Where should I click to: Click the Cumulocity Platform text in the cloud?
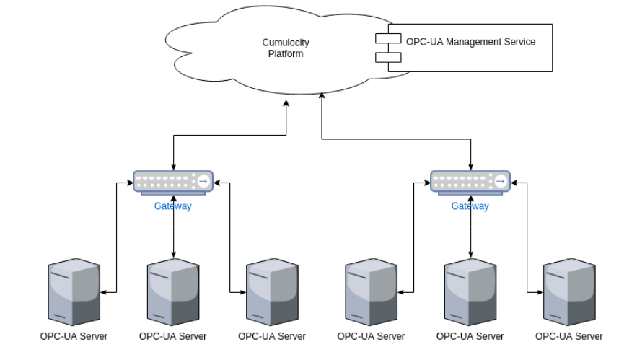pyautogui.click(x=285, y=48)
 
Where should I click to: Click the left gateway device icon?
pyautogui.click(x=173, y=182)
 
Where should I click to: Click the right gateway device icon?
pyautogui.click(x=470, y=182)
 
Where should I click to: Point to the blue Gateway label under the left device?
pyautogui.click(x=173, y=206)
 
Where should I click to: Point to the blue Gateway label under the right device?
pyautogui.click(x=470, y=206)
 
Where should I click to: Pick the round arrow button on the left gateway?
pyautogui.click(x=203, y=180)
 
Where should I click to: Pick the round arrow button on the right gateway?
pyautogui.click(x=501, y=180)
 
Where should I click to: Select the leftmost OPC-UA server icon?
pyautogui.click(x=74, y=293)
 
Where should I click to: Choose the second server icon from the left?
pyautogui.click(x=173, y=293)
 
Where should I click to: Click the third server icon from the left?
pyautogui.click(x=272, y=293)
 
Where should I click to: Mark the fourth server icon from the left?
pyautogui.click(x=371, y=293)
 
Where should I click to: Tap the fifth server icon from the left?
pyautogui.click(x=470, y=293)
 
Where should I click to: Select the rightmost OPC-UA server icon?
pyautogui.click(x=569, y=293)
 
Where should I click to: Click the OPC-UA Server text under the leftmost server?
pyautogui.click(x=74, y=336)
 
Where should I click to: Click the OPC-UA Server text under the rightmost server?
pyautogui.click(x=569, y=336)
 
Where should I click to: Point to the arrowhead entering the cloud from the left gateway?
pyautogui.click(x=286, y=104)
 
